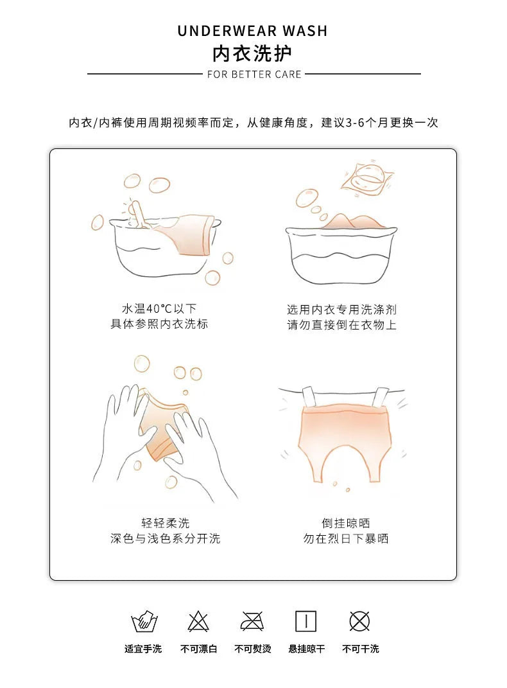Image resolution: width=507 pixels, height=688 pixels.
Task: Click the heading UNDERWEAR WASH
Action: pyautogui.click(x=252, y=31)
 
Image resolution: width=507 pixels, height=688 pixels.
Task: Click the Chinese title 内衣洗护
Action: pyautogui.click(x=252, y=53)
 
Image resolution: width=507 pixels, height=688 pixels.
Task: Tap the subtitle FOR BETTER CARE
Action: pyautogui.click(x=254, y=74)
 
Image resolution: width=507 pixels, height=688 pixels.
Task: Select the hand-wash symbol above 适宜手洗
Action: pyautogui.click(x=144, y=621)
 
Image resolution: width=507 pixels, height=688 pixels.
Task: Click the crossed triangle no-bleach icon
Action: pyautogui.click(x=198, y=621)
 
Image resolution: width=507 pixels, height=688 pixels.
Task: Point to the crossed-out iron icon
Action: pyautogui.click(x=252, y=621)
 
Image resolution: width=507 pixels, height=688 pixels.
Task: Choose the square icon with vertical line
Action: pyautogui.click(x=306, y=621)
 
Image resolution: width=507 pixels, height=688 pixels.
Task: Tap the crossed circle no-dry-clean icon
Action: pyautogui.click(x=360, y=621)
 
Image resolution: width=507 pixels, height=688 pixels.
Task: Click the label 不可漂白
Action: pyautogui.click(x=198, y=649)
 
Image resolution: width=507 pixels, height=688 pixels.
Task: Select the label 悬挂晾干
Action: pyautogui.click(x=307, y=649)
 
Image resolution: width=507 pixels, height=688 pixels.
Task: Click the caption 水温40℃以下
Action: pyautogui.click(x=159, y=308)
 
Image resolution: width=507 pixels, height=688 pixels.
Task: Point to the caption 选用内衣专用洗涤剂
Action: pyautogui.click(x=342, y=310)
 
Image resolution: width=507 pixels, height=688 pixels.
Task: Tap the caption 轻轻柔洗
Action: pyautogui.click(x=165, y=522)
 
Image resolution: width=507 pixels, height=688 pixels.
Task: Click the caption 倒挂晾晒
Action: pyautogui.click(x=346, y=522)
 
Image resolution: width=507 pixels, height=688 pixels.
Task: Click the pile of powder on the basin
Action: pyautogui.click(x=353, y=221)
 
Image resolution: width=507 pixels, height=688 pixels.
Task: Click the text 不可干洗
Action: pyautogui.click(x=361, y=649)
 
